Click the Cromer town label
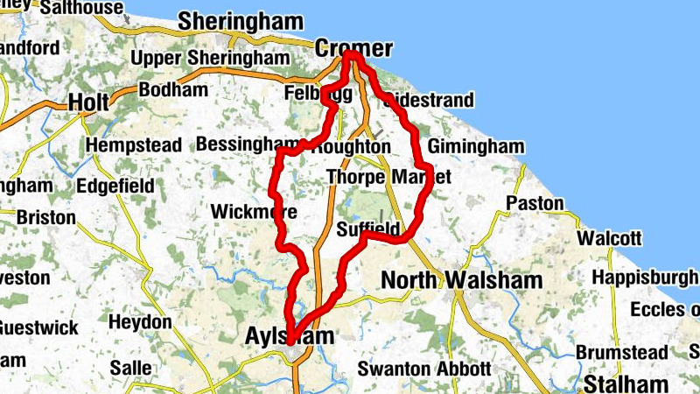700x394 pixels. click(353, 48)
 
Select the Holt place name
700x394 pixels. click(88, 102)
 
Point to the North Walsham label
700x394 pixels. click(461, 280)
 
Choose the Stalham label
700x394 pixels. click(626, 383)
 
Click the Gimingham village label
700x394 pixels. click(476, 146)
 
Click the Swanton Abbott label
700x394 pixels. click(424, 369)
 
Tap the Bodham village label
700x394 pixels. click(173, 89)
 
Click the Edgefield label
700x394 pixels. click(115, 186)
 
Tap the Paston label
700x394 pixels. click(535, 203)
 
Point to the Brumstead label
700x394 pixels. click(621, 352)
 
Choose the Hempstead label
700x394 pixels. click(134, 144)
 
